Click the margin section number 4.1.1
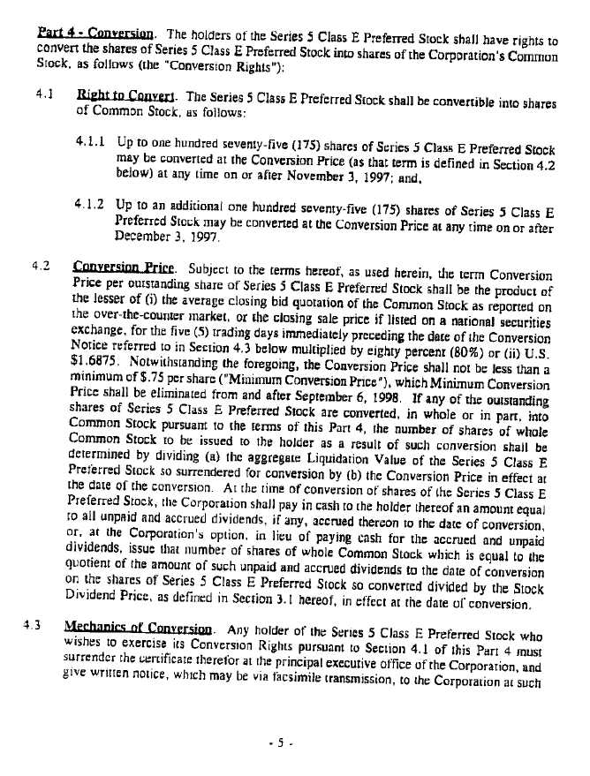tap(91, 139)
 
